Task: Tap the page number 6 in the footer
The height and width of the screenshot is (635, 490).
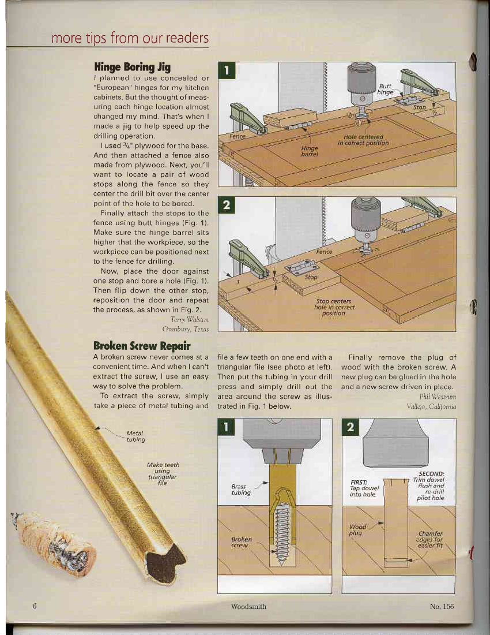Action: tap(35, 606)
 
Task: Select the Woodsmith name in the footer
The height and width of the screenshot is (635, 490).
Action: tap(248, 606)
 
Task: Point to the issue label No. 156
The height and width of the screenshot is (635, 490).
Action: tap(442, 606)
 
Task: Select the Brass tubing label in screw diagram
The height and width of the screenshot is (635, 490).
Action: tap(241, 490)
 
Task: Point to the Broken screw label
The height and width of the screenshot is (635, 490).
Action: tap(240, 542)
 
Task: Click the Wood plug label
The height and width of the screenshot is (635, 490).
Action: tap(359, 529)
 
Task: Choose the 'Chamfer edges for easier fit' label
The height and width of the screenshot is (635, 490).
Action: tap(429, 540)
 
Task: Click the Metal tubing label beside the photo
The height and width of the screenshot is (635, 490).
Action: tap(134, 436)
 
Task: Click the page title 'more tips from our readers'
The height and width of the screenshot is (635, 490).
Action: tap(130, 39)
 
